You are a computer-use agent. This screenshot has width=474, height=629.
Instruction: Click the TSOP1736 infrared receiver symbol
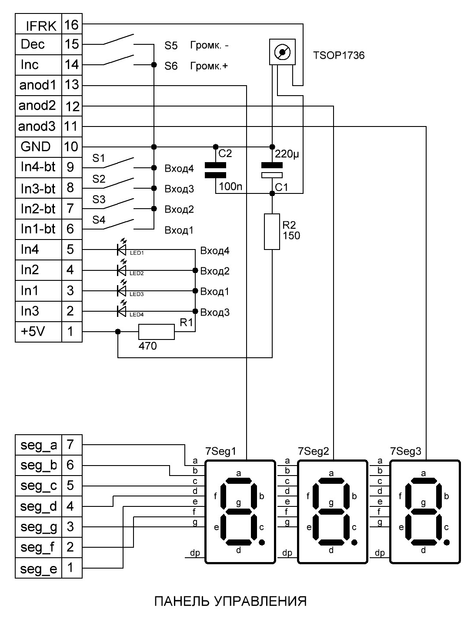tap(282, 52)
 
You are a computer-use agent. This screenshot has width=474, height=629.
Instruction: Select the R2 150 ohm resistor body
tap(272, 231)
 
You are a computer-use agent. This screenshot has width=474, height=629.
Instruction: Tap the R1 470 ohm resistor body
tap(156, 332)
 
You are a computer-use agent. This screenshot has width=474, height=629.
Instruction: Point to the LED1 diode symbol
tap(122, 248)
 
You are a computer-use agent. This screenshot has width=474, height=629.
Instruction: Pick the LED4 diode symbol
tap(122, 310)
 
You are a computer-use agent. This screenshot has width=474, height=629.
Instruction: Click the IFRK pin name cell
tap(38, 24)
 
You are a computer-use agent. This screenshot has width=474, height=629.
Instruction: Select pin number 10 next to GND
tap(72, 147)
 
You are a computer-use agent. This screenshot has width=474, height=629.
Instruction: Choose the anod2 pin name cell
tap(38, 106)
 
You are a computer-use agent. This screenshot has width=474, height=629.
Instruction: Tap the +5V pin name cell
tap(38, 332)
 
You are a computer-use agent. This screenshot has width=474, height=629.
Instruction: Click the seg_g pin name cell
tap(38, 527)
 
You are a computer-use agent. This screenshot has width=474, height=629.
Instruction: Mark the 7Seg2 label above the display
tap(313, 451)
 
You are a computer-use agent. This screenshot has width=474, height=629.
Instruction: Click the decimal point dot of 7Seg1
tap(262, 542)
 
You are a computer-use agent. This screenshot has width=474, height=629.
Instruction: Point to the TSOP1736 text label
tap(338, 55)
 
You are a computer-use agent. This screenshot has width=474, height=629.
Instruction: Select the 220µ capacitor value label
tap(287, 154)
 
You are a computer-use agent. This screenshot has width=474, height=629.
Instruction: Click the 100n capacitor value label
tap(231, 186)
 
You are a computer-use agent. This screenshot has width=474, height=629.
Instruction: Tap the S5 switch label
tap(171, 45)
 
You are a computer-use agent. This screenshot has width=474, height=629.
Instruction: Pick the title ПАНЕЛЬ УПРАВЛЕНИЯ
tap(231, 601)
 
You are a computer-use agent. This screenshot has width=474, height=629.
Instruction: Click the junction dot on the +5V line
tap(118, 332)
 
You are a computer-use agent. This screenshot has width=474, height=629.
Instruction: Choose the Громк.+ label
tap(209, 66)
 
